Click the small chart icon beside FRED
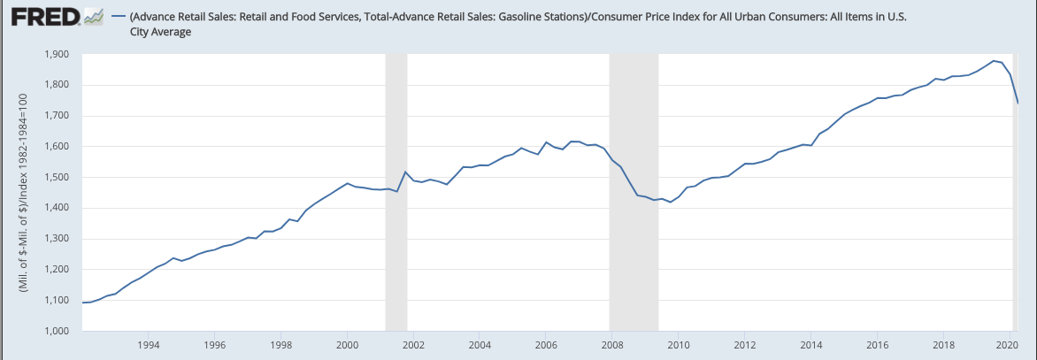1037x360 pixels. (93, 18)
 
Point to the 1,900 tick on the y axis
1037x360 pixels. (57, 55)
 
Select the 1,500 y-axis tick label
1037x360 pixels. (57, 178)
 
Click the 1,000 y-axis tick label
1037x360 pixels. (57, 332)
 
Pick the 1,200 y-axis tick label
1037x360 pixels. (57, 270)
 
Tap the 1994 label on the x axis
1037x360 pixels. (148, 345)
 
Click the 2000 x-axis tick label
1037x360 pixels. (347, 345)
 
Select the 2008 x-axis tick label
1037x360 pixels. (611, 345)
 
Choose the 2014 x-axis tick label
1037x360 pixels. (810, 345)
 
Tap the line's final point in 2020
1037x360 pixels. (1018, 103)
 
